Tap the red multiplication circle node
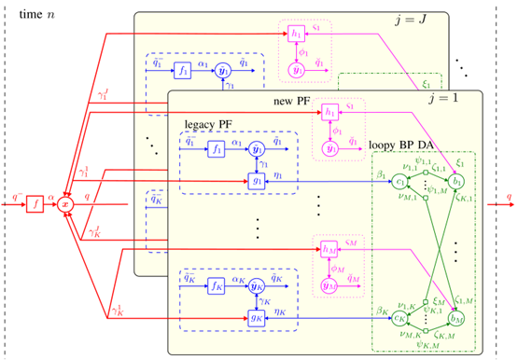point(66,200)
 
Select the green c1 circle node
point(399,181)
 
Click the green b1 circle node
point(458,181)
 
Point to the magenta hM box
point(329,249)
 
